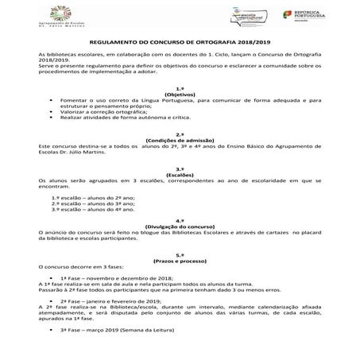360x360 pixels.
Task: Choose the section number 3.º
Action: point(180,169)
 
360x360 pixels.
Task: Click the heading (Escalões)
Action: point(180,176)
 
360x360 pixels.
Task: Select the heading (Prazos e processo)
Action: point(180,261)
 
